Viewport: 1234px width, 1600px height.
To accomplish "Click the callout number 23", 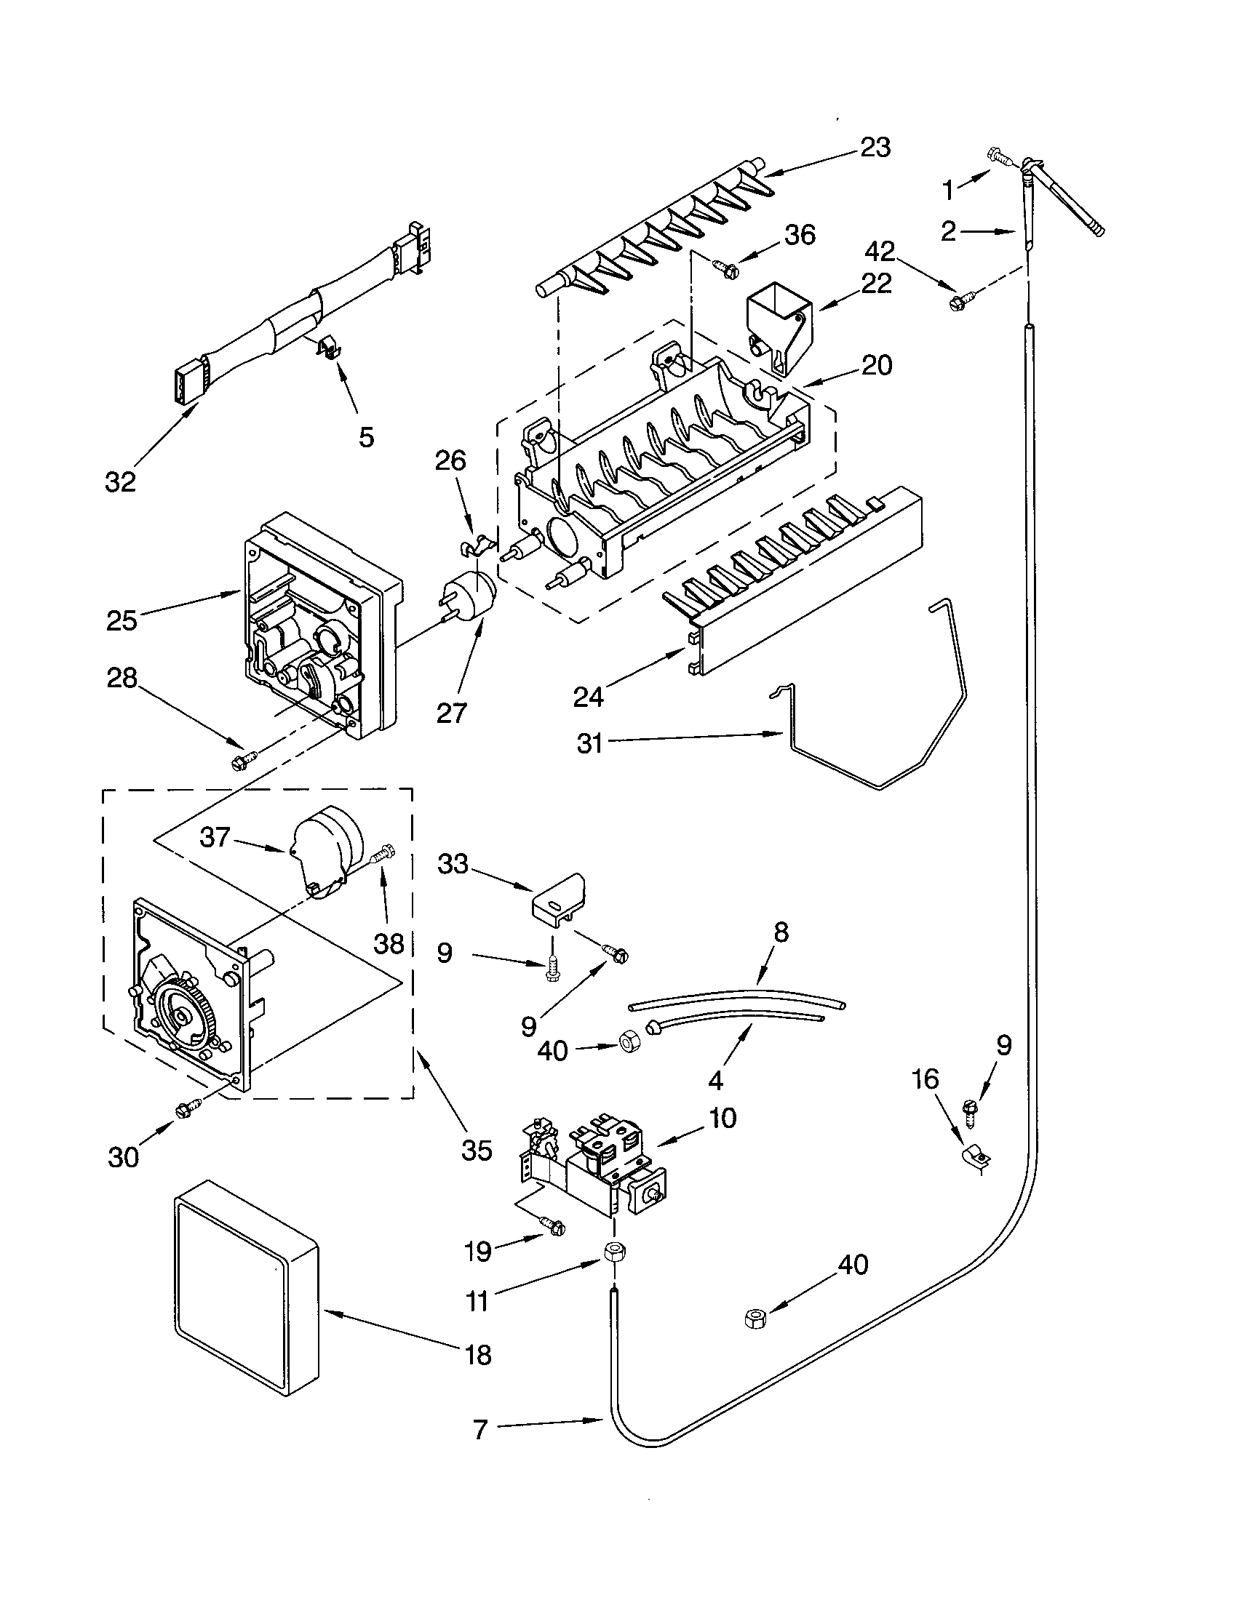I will coord(875,148).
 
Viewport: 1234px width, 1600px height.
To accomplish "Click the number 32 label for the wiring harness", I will coord(120,482).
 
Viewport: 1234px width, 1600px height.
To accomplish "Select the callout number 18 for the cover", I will coord(478,1355).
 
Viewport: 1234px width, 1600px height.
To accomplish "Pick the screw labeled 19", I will coord(554,1224).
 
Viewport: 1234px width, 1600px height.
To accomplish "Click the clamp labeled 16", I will coord(975,1161).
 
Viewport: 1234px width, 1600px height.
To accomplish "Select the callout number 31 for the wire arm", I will coord(589,743).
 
